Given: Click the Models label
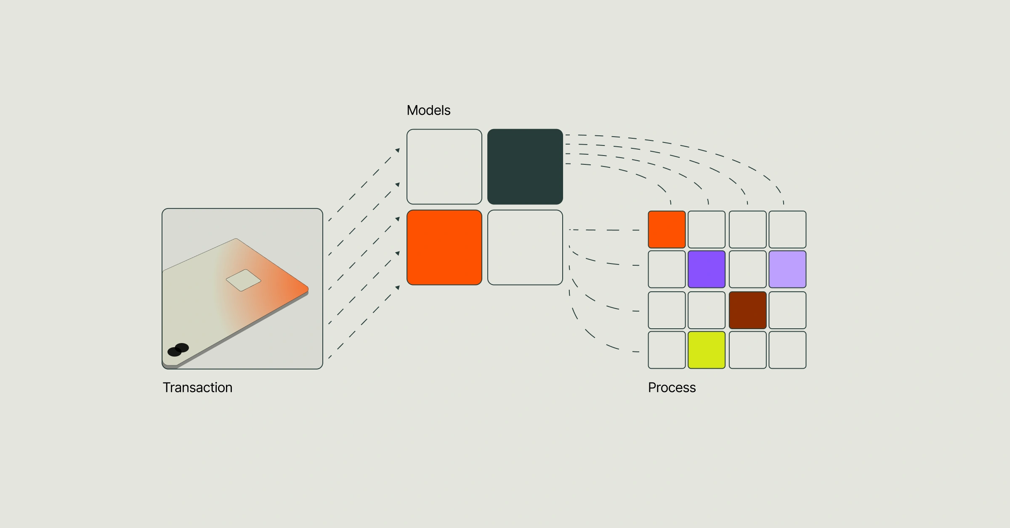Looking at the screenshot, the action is (x=428, y=110).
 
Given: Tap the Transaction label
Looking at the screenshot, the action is (x=197, y=387).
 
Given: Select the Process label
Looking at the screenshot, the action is (x=672, y=387).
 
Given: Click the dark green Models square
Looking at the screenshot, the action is (x=525, y=166).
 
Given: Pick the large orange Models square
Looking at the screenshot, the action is (x=444, y=247).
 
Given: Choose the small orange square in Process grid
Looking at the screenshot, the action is (x=667, y=230).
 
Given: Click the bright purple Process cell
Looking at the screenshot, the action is (x=706, y=269).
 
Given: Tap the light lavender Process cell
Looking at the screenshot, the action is (x=787, y=269).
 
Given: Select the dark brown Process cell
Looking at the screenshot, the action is (x=747, y=310).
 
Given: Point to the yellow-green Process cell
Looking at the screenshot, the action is (x=706, y=350).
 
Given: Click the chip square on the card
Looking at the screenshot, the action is (x=243, y=280).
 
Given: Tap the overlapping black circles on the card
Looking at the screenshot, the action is (x=178, y=350).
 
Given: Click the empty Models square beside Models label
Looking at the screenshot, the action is (x=444, y=166).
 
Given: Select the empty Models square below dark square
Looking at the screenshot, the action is (x=525, y=247).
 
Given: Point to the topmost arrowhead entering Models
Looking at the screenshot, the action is (x=397, y=150).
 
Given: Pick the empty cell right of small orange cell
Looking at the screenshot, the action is (x=706, y=230).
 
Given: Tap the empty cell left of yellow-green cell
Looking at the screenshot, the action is (x=667, y=350).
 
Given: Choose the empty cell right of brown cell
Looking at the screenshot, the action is (x=787, y=310).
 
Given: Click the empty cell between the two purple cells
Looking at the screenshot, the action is (x=747, y=269).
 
